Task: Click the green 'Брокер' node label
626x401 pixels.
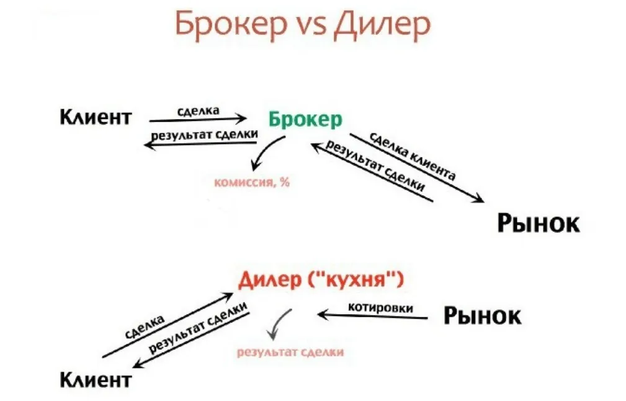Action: point(305,119)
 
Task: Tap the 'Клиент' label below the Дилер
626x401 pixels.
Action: point(96,378)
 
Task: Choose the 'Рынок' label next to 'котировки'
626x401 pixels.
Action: point(482,316)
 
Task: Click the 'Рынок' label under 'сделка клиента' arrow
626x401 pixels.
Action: point(538,223)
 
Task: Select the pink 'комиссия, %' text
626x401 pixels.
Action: point(252,182)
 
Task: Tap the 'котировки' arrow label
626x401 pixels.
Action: point(380,306)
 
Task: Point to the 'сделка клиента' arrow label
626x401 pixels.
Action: point(412,156)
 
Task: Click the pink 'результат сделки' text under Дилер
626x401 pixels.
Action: point(290,352)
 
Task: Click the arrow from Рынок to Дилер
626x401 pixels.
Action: point(372,316)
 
